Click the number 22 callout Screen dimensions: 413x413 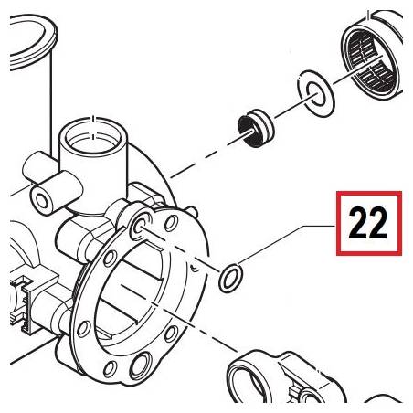367,223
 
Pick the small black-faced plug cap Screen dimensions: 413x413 256,128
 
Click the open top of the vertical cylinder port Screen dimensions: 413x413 93,133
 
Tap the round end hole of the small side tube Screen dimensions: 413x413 42,199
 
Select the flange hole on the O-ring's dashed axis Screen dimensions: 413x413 139,227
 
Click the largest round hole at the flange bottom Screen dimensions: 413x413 140,365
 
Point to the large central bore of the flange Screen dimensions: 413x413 132,293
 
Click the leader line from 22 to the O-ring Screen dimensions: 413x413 287,244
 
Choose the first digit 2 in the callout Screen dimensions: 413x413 358,223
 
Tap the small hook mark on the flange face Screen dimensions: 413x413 194,268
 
